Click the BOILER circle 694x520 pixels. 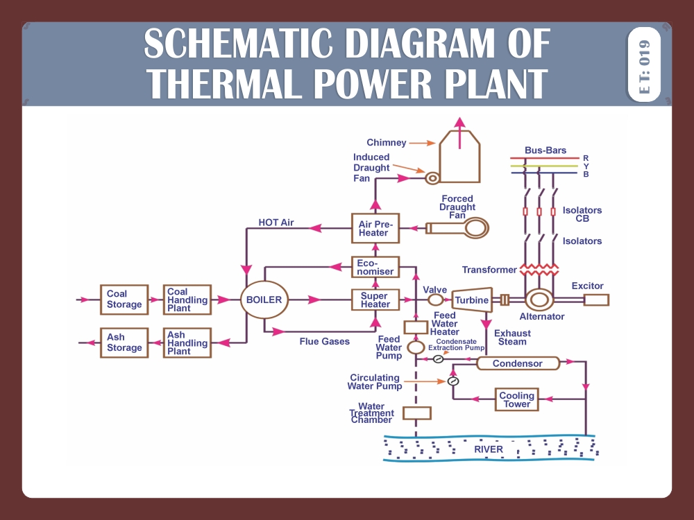click(x=264, y=300)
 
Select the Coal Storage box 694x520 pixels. click(x=124, y=299)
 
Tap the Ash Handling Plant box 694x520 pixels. click(x=187, y=343)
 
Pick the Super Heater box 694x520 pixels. click(x=375, y=300)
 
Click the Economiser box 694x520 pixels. click(x=375, y=267)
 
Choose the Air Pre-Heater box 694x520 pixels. click(x=375, y=228)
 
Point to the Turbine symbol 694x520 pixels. click(x=472, y=300)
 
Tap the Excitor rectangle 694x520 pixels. click(x=596, y=300)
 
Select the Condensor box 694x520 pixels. click(x=518, y=363)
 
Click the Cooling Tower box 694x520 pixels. click(x=517, y=400)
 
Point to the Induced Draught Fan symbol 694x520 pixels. click(x=432, y=178)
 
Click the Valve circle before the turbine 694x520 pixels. click(x=435, y=300)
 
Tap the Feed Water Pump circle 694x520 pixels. click(x=416, y=347)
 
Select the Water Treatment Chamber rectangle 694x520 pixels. click(x=416, y=413)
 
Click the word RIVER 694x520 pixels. click(x=489, y=449)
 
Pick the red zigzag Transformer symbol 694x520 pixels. click(x=539, y=269)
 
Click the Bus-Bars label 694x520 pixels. click(x=545, y=150)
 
